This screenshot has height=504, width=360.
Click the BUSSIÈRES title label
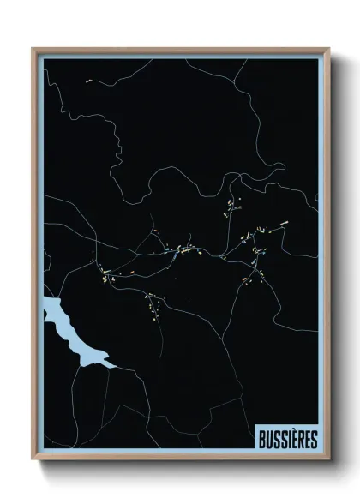(287, 440)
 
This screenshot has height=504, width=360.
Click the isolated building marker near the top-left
(88, 82)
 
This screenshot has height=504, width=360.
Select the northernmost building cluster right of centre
(231, 206)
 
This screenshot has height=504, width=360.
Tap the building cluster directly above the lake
(103, 276)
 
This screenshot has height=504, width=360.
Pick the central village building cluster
(184, 251)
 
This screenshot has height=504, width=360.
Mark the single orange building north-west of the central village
(156, 231)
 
